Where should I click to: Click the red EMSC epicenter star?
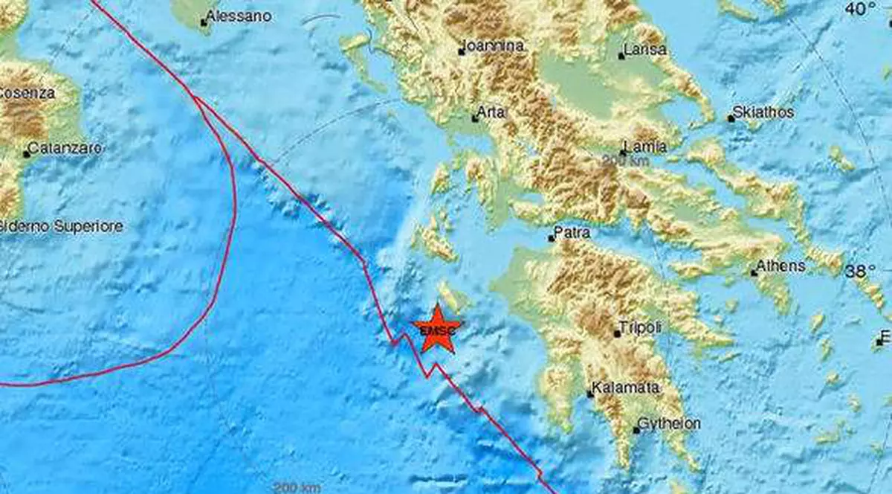tap(437, 329)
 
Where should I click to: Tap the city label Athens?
tap(780, 266)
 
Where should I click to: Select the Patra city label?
tap(573, 233)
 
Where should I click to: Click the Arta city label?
tap(493, 112)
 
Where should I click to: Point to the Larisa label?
tap(646, 51)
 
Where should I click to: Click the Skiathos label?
tap(763, 112)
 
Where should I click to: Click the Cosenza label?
tap(27, 93)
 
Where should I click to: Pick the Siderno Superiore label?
tap(61, 226)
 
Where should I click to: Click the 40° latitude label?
tap(862, 9)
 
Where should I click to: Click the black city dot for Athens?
tap(754, 273)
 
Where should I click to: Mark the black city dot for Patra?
tap(551, 239)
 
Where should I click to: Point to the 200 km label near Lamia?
tap(627, 159)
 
